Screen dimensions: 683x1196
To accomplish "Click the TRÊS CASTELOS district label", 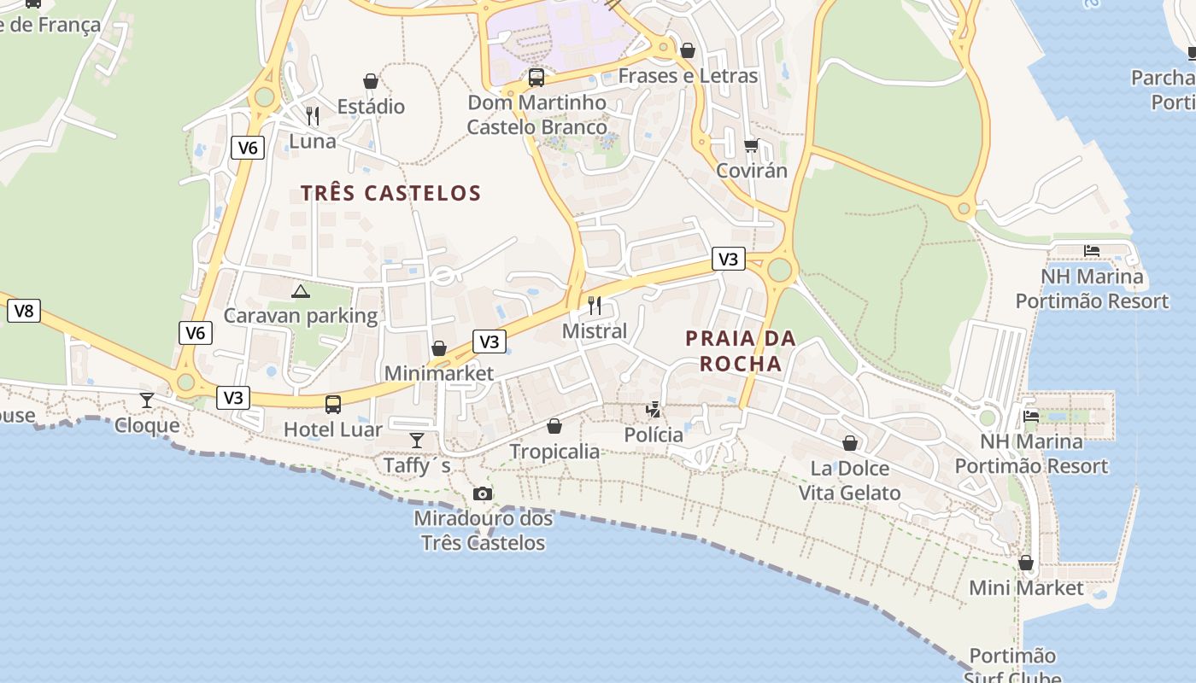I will click(390, 193).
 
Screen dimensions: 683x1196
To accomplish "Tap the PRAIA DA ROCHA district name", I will click(740, 351).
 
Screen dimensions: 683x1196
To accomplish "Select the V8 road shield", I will click(24, 311).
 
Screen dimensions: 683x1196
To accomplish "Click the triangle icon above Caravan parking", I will click(300, 292).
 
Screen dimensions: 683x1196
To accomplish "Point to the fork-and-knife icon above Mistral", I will click(595, 305).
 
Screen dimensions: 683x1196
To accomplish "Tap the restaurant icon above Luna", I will click(313, 115).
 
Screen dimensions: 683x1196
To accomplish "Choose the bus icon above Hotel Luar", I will click(333, 405).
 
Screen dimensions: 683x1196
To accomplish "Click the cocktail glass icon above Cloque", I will click(147, 400).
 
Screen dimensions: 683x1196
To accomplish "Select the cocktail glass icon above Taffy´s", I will click(416, 441).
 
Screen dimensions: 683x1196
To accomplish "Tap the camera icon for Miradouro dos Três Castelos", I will click(483, 493).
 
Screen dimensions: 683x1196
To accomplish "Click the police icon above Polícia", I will click(654, 410).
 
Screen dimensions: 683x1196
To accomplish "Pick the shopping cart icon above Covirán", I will click(751, 145).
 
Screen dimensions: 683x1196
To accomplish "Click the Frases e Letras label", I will click(688, 76).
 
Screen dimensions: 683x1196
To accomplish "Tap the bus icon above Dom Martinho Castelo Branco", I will click(536, 78).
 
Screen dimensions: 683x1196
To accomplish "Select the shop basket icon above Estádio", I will click(371, 81).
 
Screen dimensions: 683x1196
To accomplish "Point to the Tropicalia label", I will click(554, 451).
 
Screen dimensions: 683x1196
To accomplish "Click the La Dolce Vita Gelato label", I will click(849, 481).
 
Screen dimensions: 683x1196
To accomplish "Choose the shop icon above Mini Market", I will click(1026, 563).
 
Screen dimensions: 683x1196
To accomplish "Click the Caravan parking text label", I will click(301, 316).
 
